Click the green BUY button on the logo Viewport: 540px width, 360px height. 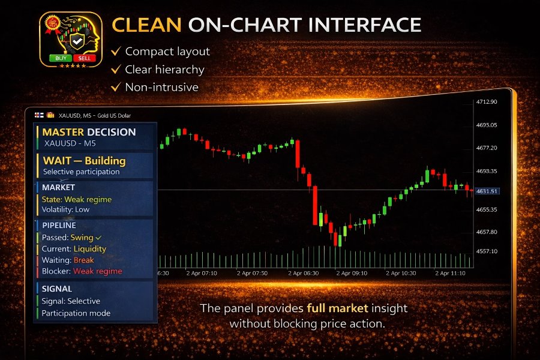click(60, 58)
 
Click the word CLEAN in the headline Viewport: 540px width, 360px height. click(146, 25)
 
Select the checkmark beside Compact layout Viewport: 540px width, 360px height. click(116, 52)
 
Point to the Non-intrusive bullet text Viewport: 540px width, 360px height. click(161, 87)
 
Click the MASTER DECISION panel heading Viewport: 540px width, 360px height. click(89, 132)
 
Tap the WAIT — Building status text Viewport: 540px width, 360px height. click(84, 161)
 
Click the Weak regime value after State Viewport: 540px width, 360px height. click(89, 199)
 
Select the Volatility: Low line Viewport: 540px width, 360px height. click(65, 210)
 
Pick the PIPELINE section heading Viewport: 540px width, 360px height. click(59, 226)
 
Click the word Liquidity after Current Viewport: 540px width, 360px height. click(89, 248)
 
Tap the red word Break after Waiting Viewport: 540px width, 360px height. click(83, 260)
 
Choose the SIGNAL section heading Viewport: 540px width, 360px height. click(57, 289)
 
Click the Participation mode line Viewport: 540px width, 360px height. click(76, 313)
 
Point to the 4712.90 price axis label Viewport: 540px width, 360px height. click(487, 102)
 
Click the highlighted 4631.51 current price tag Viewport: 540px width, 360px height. click(487, 191)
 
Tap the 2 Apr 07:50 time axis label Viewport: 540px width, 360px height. click(252, 272)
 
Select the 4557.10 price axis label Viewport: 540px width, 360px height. click(487, 251)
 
